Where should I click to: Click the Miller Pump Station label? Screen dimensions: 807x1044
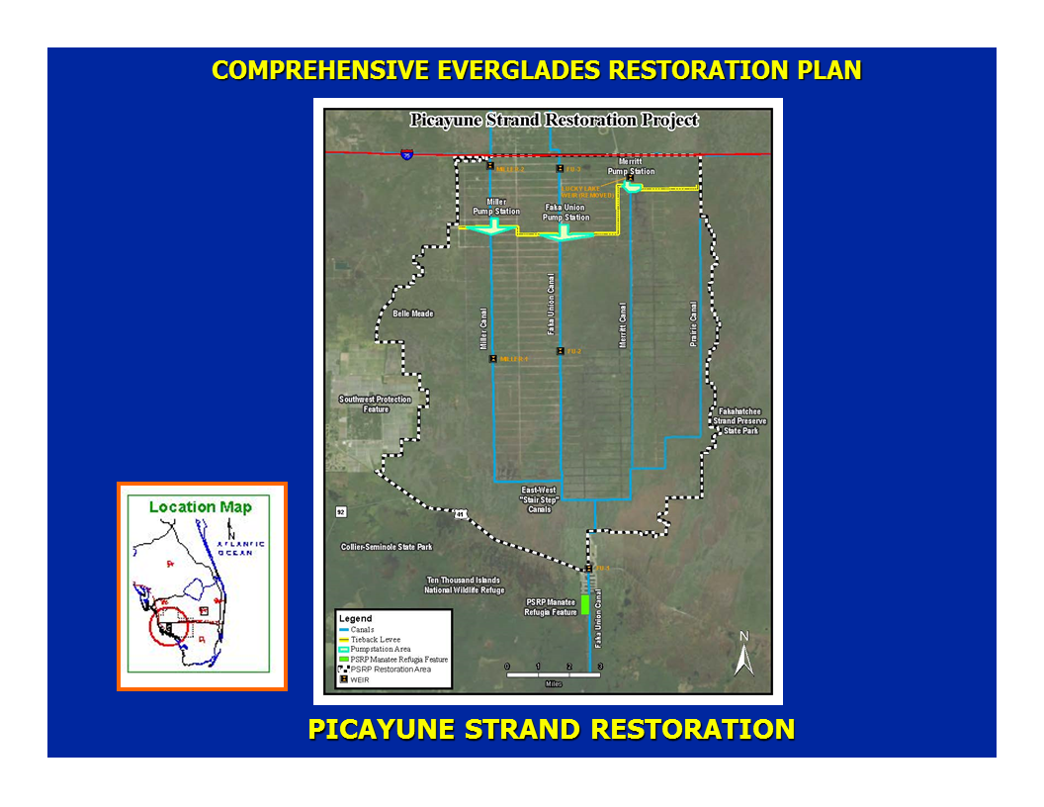495,206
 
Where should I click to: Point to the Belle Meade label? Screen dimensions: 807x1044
413,314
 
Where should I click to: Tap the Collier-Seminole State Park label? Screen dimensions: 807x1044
387,547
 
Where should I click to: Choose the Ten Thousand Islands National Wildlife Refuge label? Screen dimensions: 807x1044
463,584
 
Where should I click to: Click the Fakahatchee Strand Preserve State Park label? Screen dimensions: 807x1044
739,421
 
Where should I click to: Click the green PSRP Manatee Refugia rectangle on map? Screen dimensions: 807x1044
584,603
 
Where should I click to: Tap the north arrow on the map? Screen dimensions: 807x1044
744,654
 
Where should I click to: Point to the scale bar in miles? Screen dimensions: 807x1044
553,674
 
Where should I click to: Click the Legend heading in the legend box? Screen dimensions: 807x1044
355,619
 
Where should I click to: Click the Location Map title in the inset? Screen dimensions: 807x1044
201,507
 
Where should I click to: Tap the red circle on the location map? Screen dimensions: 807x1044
168,625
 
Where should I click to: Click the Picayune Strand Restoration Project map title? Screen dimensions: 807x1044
554,120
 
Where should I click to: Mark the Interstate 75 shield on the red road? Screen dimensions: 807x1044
406,154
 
